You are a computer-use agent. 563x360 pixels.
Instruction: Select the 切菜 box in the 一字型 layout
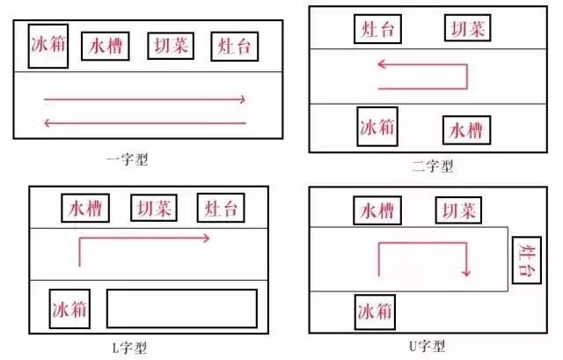170,46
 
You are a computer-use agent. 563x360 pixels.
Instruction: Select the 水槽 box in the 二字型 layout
466,130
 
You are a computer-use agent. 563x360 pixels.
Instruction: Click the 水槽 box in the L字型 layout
85,209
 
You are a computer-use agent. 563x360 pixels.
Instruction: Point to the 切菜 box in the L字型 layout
153,209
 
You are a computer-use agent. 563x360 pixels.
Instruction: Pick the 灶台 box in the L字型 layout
221,209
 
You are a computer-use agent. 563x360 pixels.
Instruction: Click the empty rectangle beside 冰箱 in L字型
182,308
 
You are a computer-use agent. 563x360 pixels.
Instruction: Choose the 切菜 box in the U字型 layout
458,211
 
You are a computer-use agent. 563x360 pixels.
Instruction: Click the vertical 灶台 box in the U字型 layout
526,261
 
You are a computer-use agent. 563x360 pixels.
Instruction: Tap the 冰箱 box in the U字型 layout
376,311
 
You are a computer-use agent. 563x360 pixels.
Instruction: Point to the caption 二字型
432,165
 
